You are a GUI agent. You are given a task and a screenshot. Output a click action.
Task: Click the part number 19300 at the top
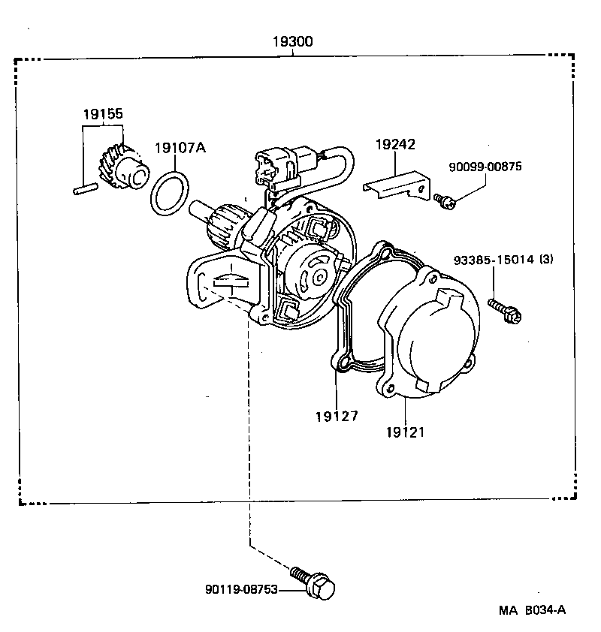[x=293, y=42]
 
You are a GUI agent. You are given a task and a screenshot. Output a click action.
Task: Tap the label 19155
[x=103, y=114]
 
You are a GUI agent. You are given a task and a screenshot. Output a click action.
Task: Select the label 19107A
[x=180, y=148]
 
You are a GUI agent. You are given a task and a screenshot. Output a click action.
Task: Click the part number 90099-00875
[x=486, y=167]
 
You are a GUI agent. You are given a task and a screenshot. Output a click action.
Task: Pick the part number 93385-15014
[x=494, y=260]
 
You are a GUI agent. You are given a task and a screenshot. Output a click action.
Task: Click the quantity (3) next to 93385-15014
[x=546, y=260]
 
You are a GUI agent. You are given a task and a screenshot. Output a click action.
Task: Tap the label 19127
[x=336, y=415]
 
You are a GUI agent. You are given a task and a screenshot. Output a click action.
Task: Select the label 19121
[x=406, y=432]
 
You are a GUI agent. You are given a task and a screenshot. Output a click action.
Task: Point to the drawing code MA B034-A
[x=531, y=611]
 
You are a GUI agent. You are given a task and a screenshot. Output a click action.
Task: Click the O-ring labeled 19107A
[x=169, y=192]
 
